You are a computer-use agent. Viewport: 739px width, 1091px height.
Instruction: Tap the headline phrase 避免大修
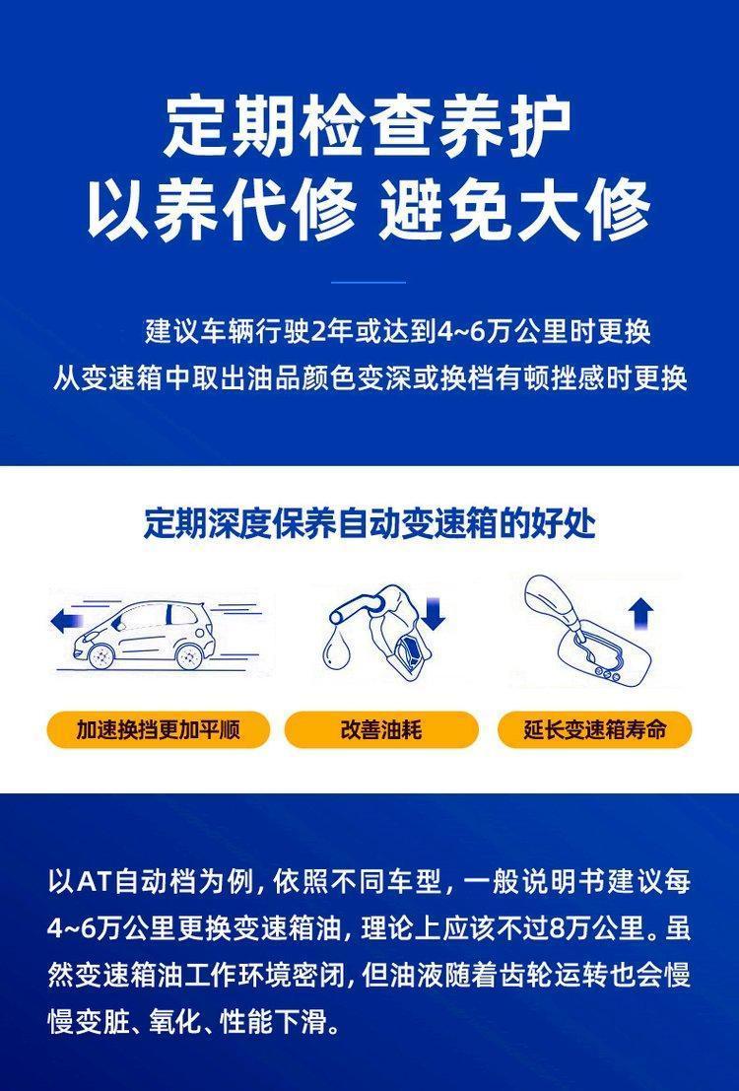click(514, 209)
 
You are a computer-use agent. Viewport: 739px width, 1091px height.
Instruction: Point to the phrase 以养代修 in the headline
click(222, 209)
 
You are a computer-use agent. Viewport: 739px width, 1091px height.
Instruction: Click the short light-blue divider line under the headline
click(369, 283)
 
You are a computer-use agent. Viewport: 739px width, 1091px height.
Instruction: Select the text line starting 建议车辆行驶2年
click(397, 331)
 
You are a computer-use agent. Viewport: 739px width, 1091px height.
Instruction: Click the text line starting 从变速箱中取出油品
click(370, 378)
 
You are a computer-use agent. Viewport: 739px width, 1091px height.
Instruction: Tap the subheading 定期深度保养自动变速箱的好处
click(369, 524)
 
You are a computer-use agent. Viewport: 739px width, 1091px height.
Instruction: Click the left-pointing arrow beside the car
click(68, 620)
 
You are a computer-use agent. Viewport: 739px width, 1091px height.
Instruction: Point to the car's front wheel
click(101, 654)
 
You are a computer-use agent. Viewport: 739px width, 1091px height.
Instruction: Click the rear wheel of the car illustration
click(188, 654)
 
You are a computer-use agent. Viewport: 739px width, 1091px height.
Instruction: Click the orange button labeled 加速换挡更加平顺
click(158, 730)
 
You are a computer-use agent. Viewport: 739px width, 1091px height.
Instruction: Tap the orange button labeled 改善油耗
click(381, 730)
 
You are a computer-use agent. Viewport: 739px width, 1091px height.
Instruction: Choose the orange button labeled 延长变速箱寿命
click(595, 730)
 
